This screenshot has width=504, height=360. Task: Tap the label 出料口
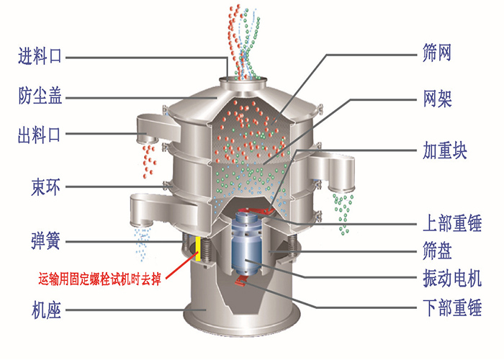40,135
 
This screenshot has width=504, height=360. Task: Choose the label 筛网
437,53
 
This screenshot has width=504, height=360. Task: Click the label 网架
437,99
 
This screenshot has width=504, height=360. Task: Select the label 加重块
445,152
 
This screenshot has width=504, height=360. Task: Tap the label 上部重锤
451,222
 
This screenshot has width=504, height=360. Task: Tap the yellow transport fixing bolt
197,248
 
